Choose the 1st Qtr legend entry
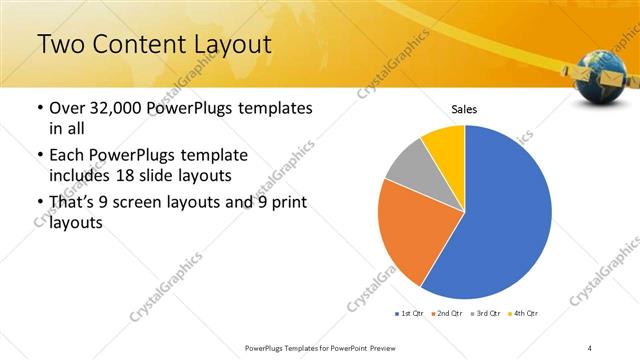pyautogui.click(x=411, y=314)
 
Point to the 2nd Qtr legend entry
pyautogui.click(x=446, y=314)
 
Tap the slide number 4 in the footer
pyautogui.click(x=591, y=347)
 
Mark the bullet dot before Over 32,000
pyautogui.click(x=40, y=108)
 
